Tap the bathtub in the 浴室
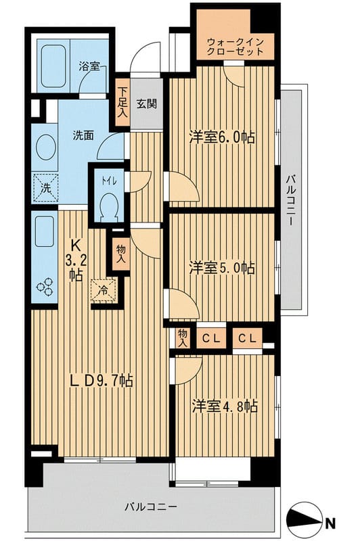pos(53,66)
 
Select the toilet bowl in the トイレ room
pos(109,207)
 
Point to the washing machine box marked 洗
pos(45,188)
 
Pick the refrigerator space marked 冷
pos(104,290)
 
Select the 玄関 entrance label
pos(147,104)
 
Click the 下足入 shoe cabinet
pos(122,103)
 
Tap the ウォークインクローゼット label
pos(235,47)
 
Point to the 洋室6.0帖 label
pos(222,137)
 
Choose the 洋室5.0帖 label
pos(222,268)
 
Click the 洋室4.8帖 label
pos(225,406)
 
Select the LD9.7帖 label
pos(101,381)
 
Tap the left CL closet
pos(211,338)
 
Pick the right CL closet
pos(247,338)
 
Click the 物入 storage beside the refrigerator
pos(121,254)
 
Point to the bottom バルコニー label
pos(151,507)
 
